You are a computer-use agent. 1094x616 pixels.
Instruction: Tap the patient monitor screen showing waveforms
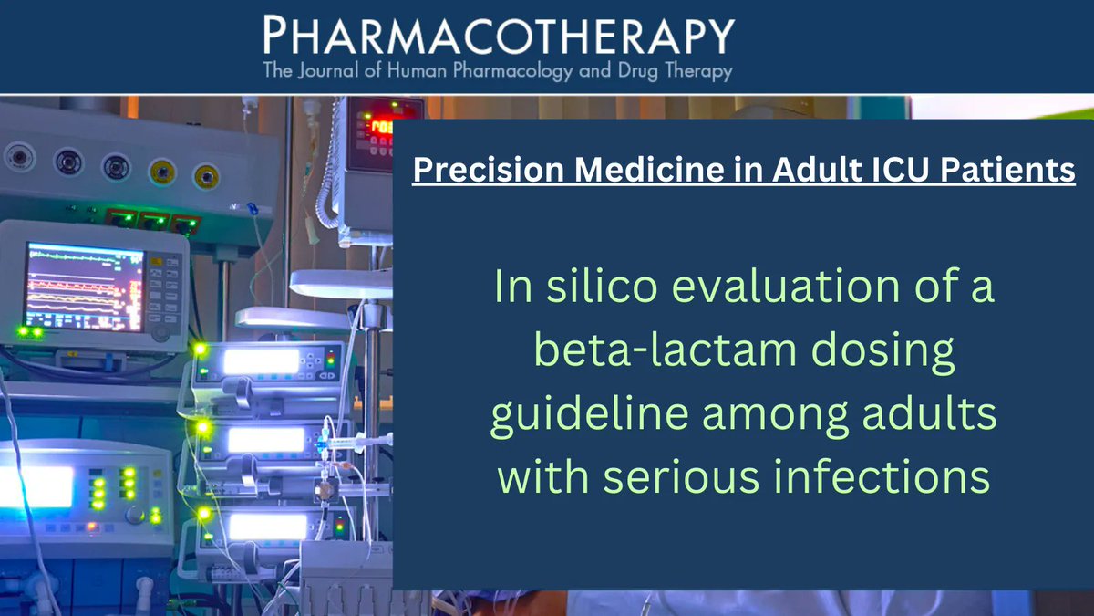click(84, 285)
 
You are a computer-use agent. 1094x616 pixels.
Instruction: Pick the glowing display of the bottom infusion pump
click(266, 527)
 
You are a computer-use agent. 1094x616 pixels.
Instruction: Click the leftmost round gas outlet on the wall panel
click(17, 157)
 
